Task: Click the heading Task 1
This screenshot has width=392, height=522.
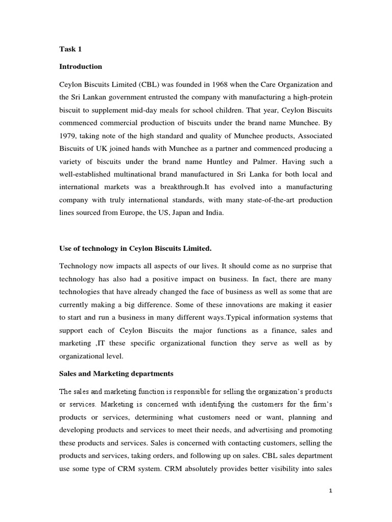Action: tap(70, 49)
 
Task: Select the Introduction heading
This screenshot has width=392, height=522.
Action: tap(81, 67)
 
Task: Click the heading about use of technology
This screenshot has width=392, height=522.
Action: tap(135, 248)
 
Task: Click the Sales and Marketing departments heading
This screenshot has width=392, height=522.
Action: tap(116, 374)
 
